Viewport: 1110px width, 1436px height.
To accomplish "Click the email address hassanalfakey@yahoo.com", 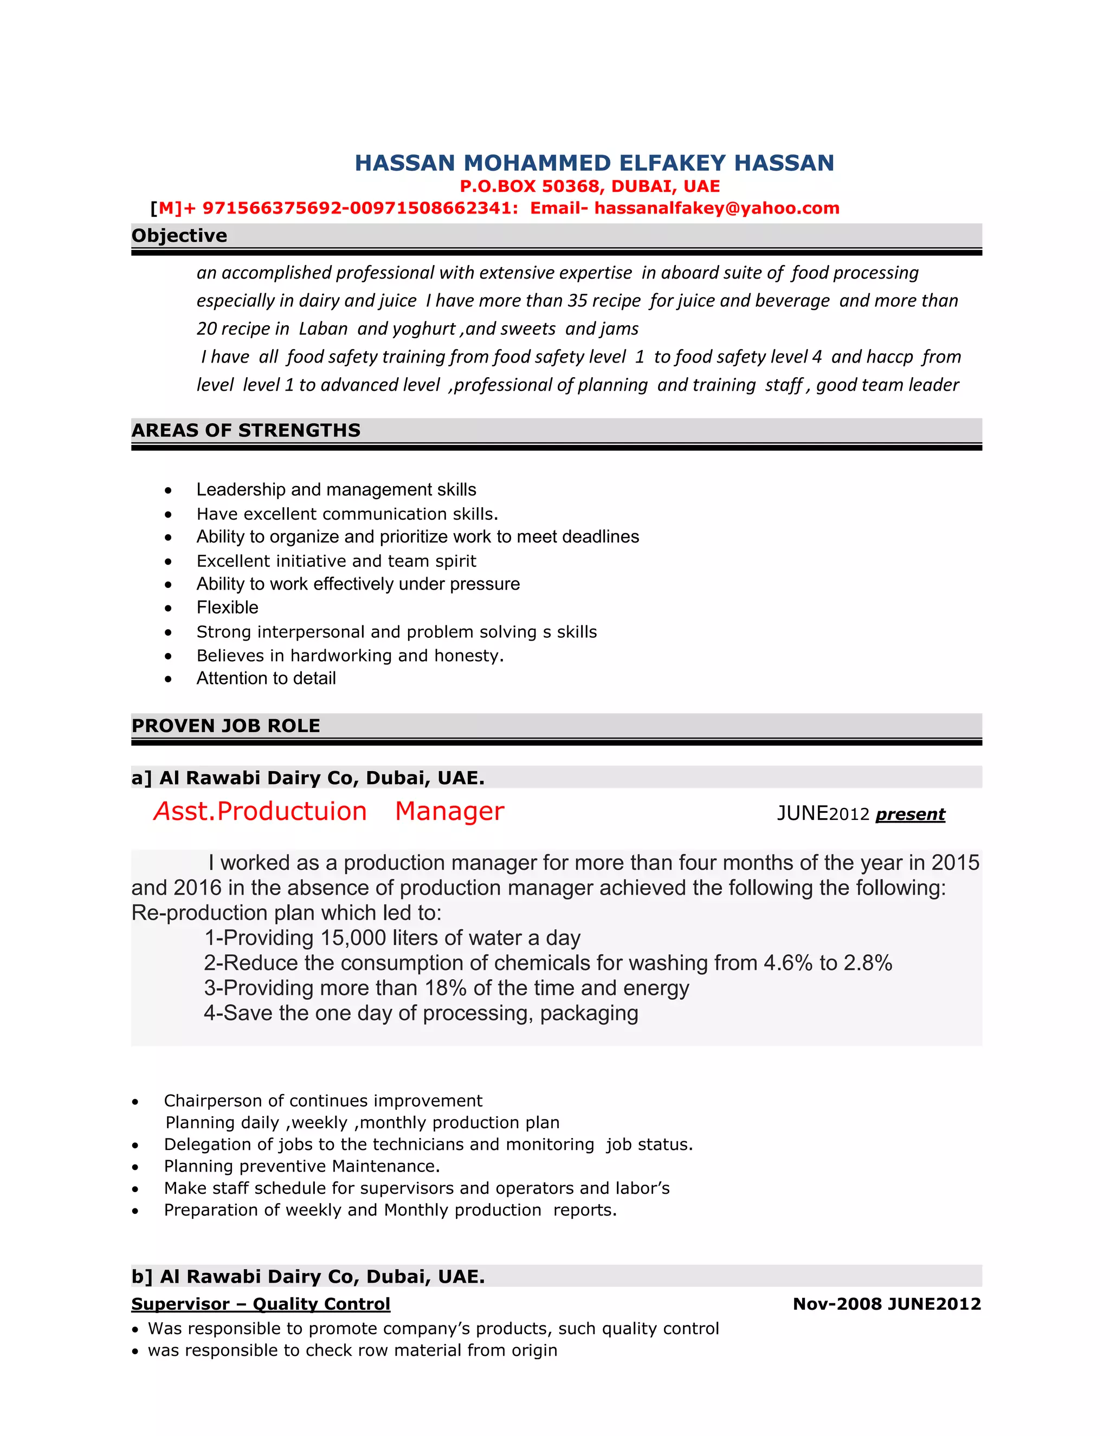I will click(x=717, y=209).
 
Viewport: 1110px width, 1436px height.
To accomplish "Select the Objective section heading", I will click(x=179, y=235).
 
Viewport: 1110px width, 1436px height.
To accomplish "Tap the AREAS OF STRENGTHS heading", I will click(x=246, y=430).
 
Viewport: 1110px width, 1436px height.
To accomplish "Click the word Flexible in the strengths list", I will click(x=228, y=607).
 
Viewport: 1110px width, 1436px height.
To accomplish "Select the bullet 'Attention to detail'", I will click(x=266, y=678).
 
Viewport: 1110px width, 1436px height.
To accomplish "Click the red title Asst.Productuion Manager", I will click(x=329, y=811).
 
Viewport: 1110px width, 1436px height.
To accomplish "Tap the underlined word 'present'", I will click(x=910, y=814).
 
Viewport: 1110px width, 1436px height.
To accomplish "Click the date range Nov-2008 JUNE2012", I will click(x=886, y=1303).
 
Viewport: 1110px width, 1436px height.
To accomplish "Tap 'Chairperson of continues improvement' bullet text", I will click(x=323, y=1101).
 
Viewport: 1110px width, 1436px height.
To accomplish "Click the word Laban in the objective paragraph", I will click(x=323, y=329).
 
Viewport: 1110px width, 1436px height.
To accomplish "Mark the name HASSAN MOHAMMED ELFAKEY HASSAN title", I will click(x=595, y=163).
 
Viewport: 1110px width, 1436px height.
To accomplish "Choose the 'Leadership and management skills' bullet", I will click(x=336, y=490).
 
